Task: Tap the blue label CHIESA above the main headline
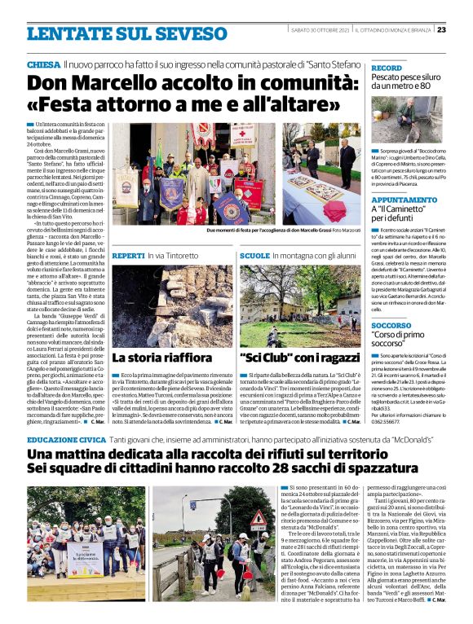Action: point(42,64)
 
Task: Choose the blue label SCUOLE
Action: point(254,255)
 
